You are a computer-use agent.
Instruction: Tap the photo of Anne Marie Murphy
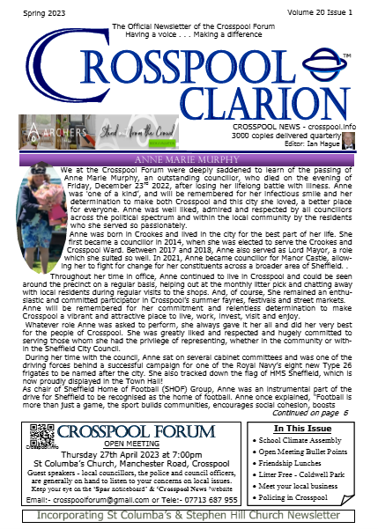pyautogui.click(x=54, y=207)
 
